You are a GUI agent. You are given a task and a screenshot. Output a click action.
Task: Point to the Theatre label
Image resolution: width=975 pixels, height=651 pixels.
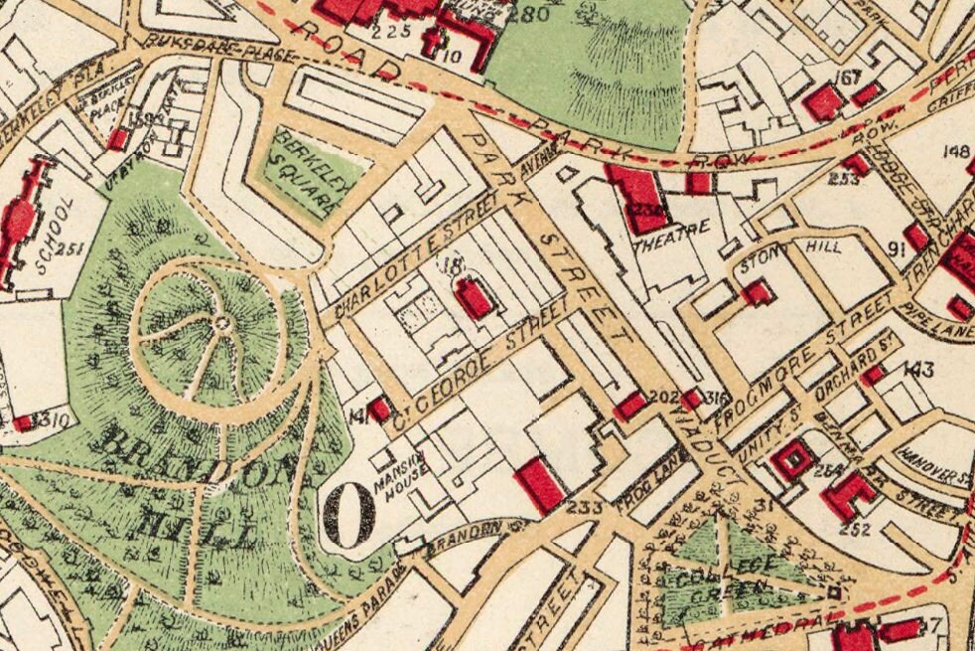coord(672,234)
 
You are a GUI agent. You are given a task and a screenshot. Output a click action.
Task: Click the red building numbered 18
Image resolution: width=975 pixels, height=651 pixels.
coord(475,297)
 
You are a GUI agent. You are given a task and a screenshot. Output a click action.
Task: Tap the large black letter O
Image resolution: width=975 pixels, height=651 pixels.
coord(348,514)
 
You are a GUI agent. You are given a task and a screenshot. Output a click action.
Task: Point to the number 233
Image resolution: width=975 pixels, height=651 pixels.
coord(587,510)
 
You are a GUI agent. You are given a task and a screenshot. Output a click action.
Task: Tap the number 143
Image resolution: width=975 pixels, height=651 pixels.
coord(918,371)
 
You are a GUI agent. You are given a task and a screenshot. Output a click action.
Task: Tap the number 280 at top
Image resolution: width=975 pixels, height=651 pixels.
coord(527,14)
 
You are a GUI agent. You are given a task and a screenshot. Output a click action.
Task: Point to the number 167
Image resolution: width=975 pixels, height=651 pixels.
coord(849,79)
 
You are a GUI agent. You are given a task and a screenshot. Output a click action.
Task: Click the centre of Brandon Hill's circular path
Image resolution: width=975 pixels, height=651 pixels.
coord(220,322)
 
